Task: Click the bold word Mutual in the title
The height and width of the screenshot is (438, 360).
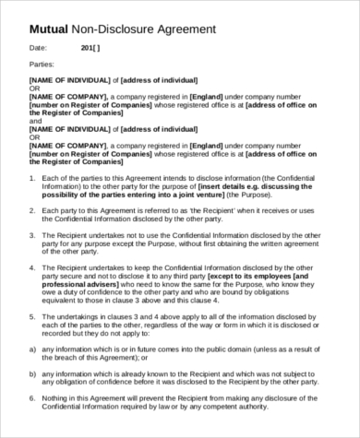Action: tap(51, 27)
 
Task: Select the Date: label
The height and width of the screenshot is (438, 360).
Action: tap(38, 47)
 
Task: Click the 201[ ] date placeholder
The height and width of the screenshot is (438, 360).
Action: tap(92, 47)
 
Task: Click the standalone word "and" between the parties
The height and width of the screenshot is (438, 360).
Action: tap(36, 121)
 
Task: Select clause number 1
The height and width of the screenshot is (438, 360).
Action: tap(32, 176)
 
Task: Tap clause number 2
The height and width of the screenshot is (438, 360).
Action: tap(32, 211)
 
